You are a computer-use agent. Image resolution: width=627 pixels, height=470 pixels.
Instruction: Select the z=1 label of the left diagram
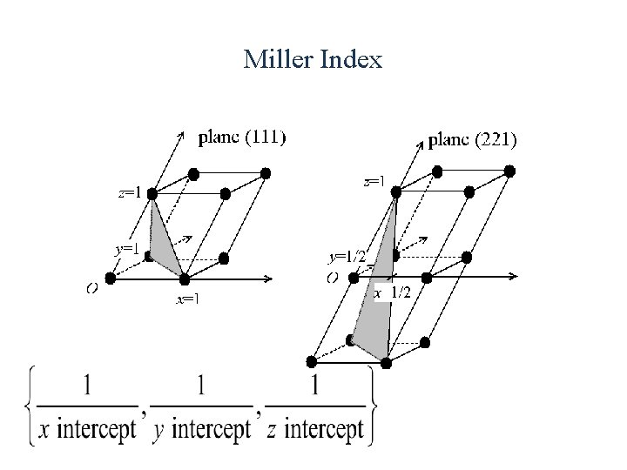[131, 192]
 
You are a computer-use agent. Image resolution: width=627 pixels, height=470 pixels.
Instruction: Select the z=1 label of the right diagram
[374, 182]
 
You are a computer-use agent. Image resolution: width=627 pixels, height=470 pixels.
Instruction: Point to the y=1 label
[128, 248]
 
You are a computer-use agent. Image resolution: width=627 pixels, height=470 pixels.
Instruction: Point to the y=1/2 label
[347, 256]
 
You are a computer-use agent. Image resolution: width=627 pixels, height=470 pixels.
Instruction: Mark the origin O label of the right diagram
[332, 278]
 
